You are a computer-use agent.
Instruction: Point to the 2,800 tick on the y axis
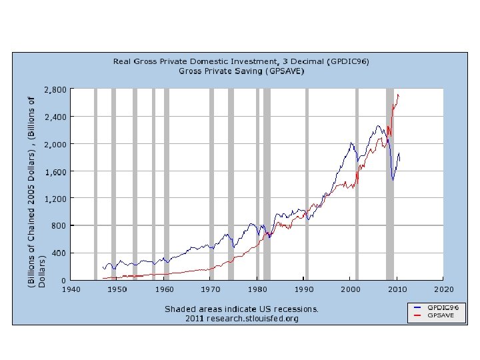pos(55,90)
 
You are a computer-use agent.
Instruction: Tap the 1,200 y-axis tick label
pos(55,199)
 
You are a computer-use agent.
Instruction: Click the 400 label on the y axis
pos(59,253)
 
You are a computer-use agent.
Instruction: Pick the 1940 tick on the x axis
pos(71,289)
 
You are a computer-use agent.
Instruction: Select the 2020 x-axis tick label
pos(443,289)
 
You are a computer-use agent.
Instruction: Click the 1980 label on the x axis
pos(257,289)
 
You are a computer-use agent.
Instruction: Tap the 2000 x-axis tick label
pos(351,289)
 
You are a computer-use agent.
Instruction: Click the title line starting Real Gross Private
pos(241,61)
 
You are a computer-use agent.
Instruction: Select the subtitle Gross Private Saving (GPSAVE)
pos(241,71)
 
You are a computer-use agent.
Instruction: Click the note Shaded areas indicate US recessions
pos(241,309)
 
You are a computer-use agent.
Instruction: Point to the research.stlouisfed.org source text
pos(253,319)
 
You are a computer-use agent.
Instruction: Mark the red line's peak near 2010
pos(398,95)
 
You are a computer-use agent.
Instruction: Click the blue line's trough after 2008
pos(393,180)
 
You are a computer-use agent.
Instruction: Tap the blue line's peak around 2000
pos(351,143)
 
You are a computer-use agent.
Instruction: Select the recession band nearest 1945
pos(95,184)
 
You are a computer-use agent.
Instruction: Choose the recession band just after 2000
pos(357,184)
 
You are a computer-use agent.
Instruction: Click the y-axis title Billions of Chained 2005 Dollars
pos(37,192)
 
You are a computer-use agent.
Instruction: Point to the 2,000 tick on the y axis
pos(55,144)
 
